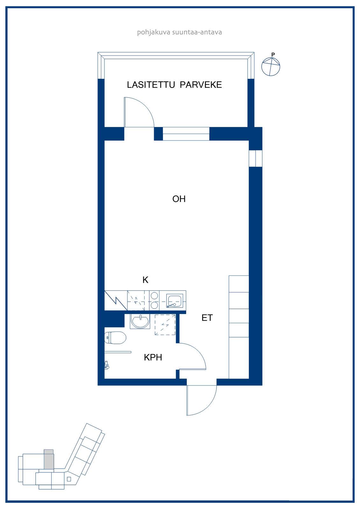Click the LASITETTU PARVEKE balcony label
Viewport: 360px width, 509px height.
point(174,85)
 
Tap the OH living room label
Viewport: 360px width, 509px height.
point(179,199)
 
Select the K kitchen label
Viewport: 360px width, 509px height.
point(145,280)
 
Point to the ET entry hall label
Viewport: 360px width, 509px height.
point(207,318)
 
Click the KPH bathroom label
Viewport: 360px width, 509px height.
point(153,358)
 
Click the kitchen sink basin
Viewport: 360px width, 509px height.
point(175,301)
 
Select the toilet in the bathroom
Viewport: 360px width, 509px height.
point(115,338)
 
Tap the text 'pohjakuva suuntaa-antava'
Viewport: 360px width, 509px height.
point(180,32)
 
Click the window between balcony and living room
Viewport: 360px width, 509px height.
point(186,134)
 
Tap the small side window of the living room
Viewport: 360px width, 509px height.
point(256,158)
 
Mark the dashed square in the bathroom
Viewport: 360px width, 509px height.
point(165,324)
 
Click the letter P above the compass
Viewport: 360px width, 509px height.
point(273,54)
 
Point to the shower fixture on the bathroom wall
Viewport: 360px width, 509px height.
point(107,365)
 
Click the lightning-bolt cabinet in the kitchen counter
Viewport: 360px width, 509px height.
point(116,300)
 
